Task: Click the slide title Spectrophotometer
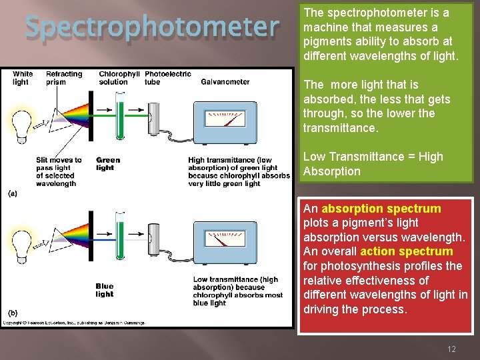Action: [x=152, y=27]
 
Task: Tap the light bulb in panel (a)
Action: [x=23, y=123]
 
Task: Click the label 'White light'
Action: [x=22, y=78]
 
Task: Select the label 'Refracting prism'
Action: [x=64, y=78]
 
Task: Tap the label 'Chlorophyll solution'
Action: [x=119, y=78]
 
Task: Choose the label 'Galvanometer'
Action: [x=225, y=82]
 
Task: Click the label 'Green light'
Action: [x=107, y=164]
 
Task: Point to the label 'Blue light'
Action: [x=104, y=290]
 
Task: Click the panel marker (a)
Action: [x=13, y=193]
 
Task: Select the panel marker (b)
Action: [x=13, y=313]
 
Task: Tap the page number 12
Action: [x=451, y=349]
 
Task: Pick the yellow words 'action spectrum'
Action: [x=406, y=251]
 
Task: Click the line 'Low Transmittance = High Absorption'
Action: [x=373, y=164]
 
